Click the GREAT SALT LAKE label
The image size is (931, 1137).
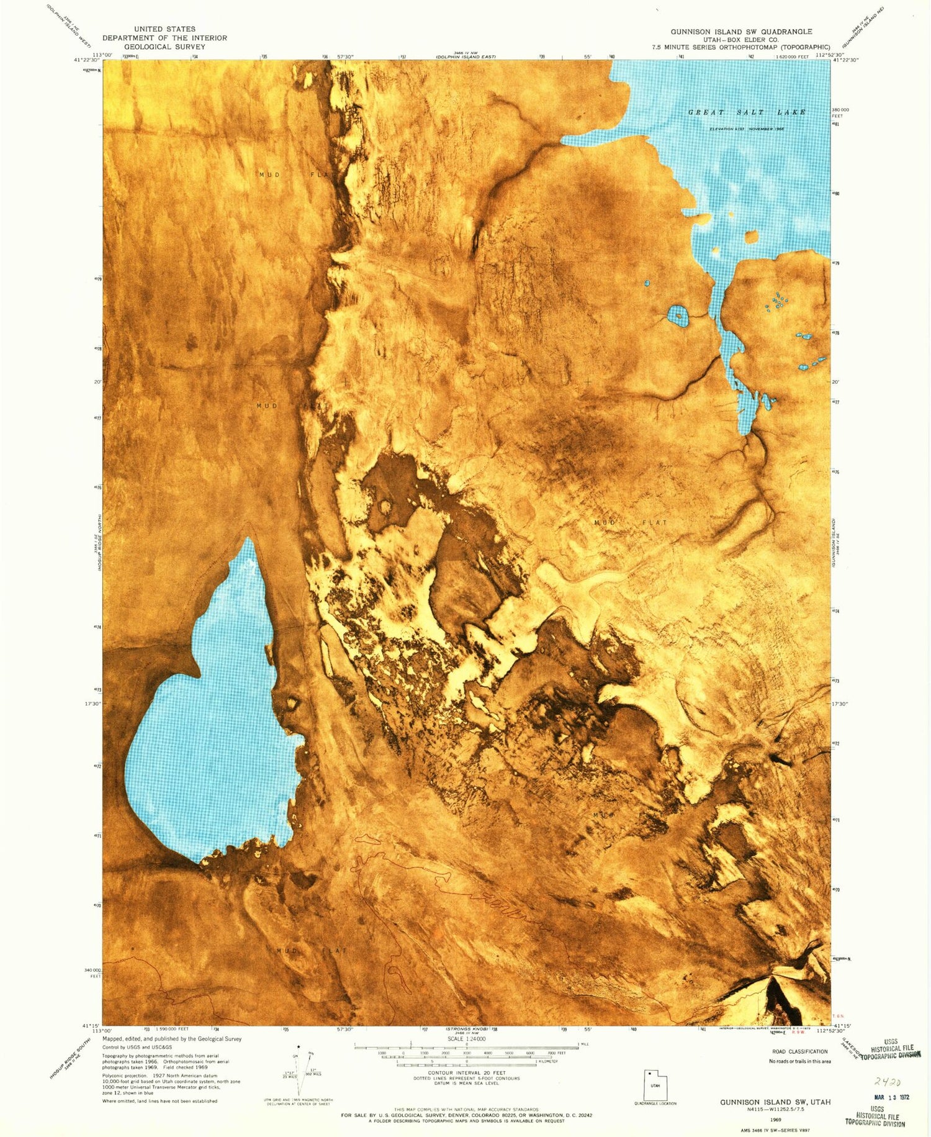click(x=747, y=112)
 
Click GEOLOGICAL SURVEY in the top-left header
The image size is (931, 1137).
click(x=164, y=47)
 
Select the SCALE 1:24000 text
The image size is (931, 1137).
click(x=466, y=1038)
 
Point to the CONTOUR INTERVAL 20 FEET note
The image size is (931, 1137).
click(x=467, y=1072)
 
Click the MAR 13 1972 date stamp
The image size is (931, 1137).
click(x=891, y=1097)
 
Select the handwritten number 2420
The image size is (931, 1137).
click(x=888, y=1082)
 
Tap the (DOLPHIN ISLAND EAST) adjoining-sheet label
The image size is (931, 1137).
click(x=465, y=58)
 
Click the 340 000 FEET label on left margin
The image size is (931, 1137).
click(x=92, y=972)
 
